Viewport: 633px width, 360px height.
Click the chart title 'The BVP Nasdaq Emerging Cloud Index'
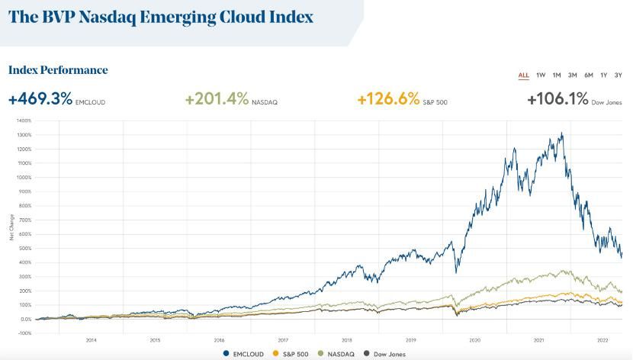click(161, 17)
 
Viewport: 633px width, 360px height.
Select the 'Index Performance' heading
click(58, 70)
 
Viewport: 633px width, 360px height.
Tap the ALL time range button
click(523, 75)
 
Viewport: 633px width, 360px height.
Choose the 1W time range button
click(541, 75)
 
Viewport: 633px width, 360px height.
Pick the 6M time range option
click(588, 75)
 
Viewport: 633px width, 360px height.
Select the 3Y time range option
click(619, 75)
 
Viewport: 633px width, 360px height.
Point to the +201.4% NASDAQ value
click(217, 99)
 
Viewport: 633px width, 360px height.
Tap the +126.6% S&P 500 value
click(389, 99)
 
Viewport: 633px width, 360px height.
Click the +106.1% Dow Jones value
click(558, 99)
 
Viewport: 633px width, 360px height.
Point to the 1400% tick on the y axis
click(23, 121)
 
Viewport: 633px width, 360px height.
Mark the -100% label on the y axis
click(24, 333)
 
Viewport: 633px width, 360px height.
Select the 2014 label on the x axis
click(91, 340)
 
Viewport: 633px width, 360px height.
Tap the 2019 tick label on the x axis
click(410, 340)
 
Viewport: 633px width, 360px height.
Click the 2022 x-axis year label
click(602, 340)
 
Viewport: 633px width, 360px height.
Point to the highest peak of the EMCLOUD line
click(562, 133)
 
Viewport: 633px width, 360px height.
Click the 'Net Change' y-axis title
click(11, 227)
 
